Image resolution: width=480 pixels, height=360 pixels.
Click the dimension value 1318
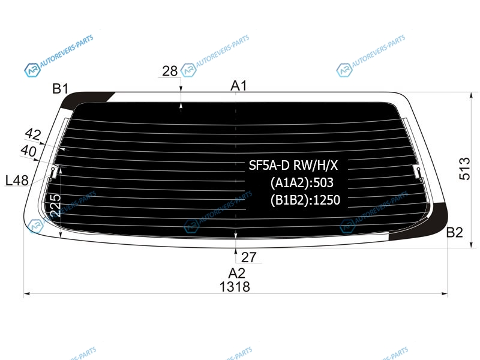[235, 287]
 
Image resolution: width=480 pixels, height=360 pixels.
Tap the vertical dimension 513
[464, 169]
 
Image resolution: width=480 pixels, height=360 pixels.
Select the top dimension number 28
[170, 71]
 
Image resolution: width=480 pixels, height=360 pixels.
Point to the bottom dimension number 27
[248, 257]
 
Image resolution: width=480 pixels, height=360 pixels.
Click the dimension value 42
[33, 134]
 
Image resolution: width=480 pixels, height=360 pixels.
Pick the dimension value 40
[28, 151]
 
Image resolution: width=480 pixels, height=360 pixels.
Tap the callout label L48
[17, 181]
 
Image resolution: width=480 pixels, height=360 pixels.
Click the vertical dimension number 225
[55, 205]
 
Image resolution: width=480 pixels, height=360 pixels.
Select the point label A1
[238, 86]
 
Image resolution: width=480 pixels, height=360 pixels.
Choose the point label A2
[236, 273]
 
